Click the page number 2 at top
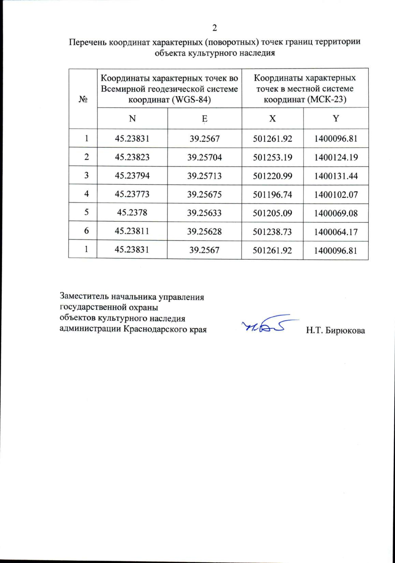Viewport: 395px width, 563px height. click(x=215, y=28)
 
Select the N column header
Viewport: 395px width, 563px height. click(x=132, y=119)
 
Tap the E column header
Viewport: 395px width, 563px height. click(x=204, y=119)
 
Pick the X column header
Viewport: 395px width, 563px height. click(x=272, y=119)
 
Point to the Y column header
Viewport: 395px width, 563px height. click(x=336, y=119)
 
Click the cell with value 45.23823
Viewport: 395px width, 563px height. click(x=132, y=157)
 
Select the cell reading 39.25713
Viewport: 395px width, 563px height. click(x=204, y=176)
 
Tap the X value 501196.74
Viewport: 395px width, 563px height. click(x=272, y=195)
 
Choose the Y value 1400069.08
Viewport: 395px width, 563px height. click(x=336, y=213)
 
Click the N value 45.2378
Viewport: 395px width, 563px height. click(x=132, y=213)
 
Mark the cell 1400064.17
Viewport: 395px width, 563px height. click(x=336, y=232)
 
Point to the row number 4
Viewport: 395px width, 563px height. click(x=86, y=194)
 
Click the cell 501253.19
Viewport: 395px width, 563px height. click(x=272, y=157)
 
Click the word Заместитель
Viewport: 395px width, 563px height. click(x=84, y=297)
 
